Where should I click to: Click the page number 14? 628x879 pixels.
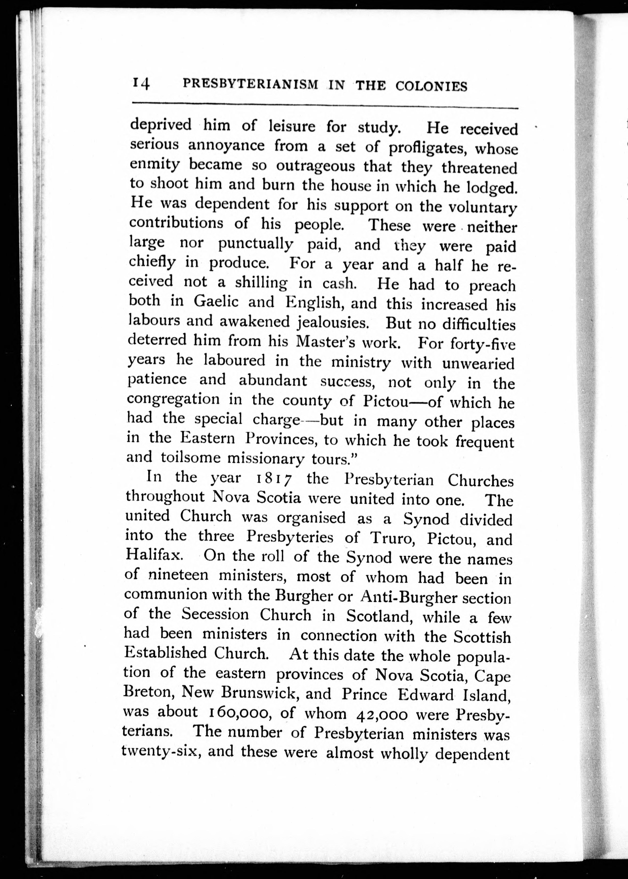click(141, 84)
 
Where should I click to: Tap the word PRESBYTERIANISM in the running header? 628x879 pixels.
click(251, 84)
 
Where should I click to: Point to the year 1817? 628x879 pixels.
click(275, 479)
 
